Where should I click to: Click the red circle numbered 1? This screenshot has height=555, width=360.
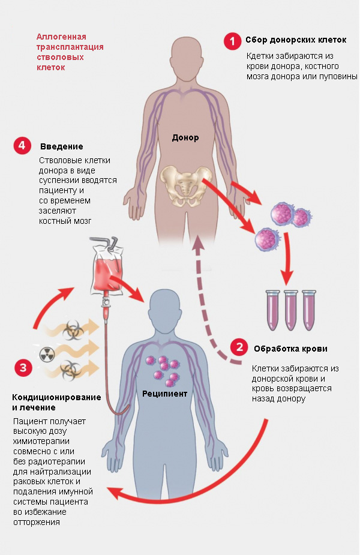point(232,41)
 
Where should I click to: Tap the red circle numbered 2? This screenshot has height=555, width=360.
point(239,347)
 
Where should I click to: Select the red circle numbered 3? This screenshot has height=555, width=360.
point(23,368)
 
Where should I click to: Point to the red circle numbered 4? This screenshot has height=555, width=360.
point(22,145)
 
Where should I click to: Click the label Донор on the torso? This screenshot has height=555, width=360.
point(185,137)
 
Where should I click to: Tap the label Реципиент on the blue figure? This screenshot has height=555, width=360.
point(164,393)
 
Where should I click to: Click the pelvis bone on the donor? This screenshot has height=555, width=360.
point(185,186)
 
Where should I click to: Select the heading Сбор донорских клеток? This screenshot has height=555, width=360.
point(296,40)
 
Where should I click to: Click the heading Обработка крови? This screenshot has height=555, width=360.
point(290,349)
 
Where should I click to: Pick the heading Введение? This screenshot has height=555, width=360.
point(62,146)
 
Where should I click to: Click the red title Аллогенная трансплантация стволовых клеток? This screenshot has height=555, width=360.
point(70,52)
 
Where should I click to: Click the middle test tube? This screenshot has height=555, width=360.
point(291,310)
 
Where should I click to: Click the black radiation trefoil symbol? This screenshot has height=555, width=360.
point(47,353)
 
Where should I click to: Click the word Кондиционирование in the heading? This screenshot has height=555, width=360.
point(56,397)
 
